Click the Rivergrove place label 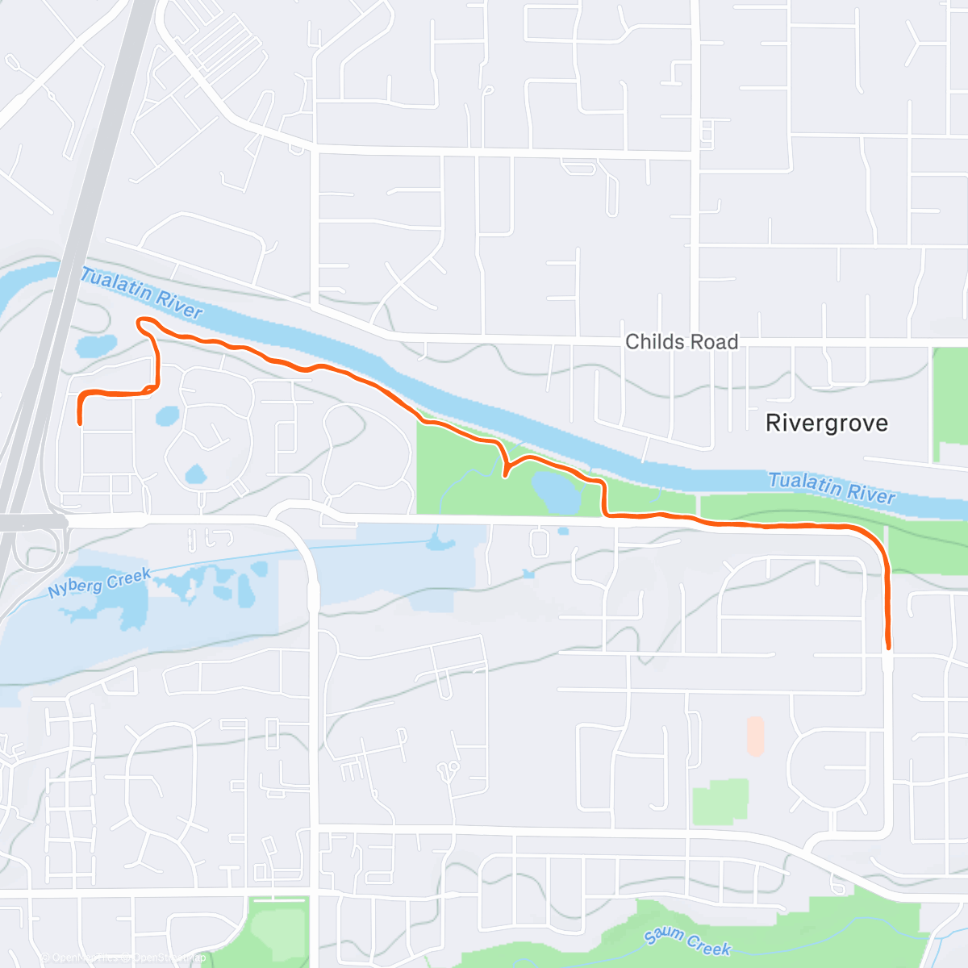[826, 423]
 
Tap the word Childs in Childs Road [654, 342]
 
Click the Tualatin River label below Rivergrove [832, 488]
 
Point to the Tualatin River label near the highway [141, 293]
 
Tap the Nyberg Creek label [99, 582]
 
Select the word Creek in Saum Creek [709, 946]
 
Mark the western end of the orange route [80, 422]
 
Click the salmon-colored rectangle [755, 736]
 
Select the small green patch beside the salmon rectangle [720, 801]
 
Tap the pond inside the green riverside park [556, 492]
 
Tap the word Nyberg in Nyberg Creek [75, 586]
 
